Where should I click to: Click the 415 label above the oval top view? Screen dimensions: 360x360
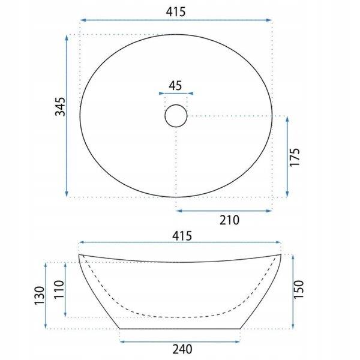(x=175, y=11)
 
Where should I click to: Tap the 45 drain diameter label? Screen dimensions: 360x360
(x=175, y=85)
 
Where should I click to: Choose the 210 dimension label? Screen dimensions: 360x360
(x=229, y=220)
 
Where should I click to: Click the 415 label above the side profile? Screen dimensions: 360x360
(x=181, y=236)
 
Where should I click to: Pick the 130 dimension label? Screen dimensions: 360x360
(x=40, y=296)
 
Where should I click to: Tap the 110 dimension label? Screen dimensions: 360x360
(x=59, y=290)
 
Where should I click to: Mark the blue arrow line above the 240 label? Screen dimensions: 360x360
(x=181, y=341)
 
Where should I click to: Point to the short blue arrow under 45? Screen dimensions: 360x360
(x=175, y=94)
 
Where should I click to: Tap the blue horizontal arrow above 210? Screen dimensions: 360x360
(x=223, y=210)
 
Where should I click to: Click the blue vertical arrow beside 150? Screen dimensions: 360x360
(x=293, y=291)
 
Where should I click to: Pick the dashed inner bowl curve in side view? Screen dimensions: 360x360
(x=180, y=314)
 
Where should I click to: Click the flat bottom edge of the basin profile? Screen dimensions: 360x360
(x=181, y=329)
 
